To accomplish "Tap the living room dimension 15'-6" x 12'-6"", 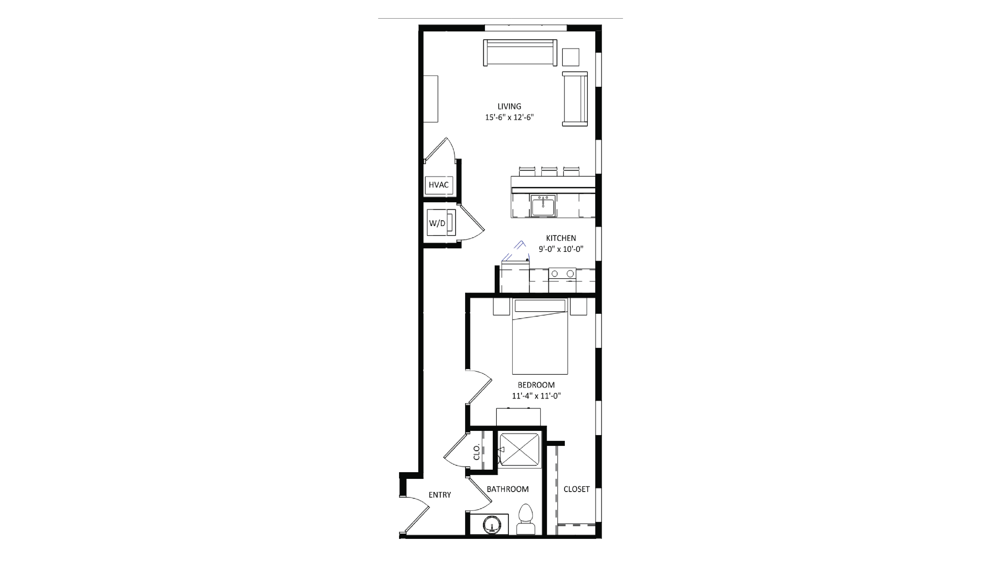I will pyautogui.click(x=509, y=117).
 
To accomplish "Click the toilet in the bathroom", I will pyautogui.click(x=526, y=520).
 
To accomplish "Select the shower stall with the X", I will pyautogui.click(x=519, y=449).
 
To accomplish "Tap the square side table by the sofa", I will pyautogui.click(x=570, y=57).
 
